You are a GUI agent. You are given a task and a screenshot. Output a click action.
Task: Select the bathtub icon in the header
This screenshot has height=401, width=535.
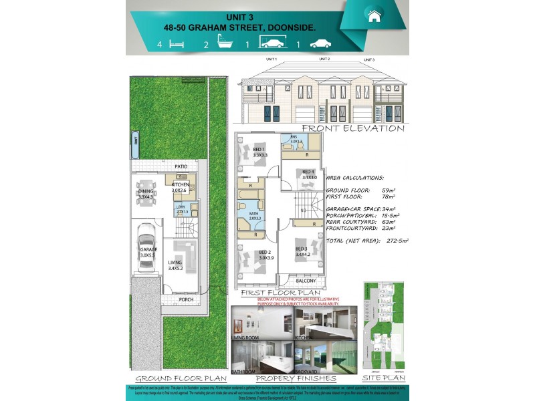(223, 44)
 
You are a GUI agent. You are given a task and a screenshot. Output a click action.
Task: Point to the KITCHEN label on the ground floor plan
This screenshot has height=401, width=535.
(181, 184)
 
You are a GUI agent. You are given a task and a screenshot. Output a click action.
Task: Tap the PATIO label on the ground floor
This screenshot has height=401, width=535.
(181, 166)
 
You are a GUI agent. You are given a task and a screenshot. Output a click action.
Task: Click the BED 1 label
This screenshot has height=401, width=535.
(259, 149)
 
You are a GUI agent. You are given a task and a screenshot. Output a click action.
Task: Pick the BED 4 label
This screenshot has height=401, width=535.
(308, 171)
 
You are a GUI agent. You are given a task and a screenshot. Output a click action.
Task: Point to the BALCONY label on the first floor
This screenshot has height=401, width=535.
(306, 281)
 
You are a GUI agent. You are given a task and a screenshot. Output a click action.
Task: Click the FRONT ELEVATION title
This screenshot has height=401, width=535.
(352, 128)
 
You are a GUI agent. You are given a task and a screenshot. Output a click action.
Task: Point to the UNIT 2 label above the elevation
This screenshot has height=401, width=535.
(324, 59)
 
